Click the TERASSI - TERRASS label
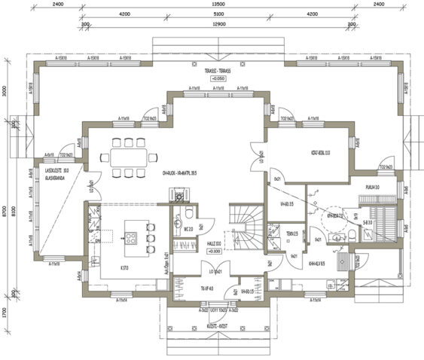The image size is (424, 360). tap(218, 70)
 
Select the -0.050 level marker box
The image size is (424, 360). tap(218, 78)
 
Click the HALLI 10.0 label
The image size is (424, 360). tap(213, 243)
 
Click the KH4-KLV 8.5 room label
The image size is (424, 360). tap(316, 264)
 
